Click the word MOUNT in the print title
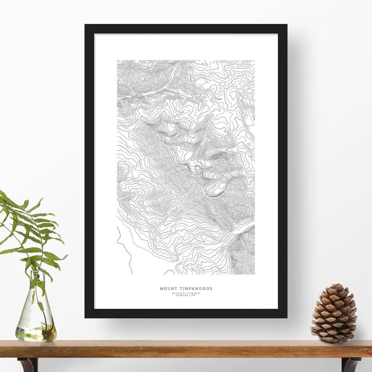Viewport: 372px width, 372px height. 167,289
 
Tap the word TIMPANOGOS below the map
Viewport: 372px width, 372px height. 195,289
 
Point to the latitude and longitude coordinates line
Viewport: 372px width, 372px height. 186,293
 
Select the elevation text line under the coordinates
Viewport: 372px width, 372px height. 186,295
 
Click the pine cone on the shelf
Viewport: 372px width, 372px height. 334,314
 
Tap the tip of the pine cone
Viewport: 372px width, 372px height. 335,286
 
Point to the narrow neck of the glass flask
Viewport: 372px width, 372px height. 35,282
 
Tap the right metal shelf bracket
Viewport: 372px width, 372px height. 350,364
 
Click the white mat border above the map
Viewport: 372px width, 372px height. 186,47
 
